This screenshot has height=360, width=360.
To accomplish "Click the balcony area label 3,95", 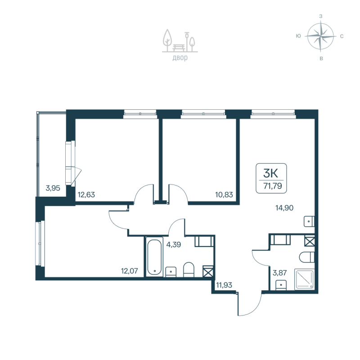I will tap(53, 188).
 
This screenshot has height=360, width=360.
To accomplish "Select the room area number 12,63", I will tap(86, 195).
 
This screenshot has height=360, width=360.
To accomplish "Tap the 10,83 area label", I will tap(224, 195).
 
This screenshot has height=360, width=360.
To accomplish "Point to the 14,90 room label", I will tap(285, 207).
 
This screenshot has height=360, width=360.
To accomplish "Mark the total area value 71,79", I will tap(271, 184).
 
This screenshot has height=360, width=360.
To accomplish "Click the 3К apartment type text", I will tap(271, 171).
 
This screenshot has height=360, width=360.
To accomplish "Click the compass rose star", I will tap(320, 36).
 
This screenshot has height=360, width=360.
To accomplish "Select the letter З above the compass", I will tap(320, 16).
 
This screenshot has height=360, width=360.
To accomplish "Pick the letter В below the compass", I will tap(320, 58).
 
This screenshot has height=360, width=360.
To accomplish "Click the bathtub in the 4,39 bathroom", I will tap(153, 257).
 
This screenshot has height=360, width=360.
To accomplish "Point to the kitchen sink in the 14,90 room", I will tap(309, 221).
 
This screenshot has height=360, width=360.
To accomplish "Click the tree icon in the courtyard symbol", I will tap(167, 38).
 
